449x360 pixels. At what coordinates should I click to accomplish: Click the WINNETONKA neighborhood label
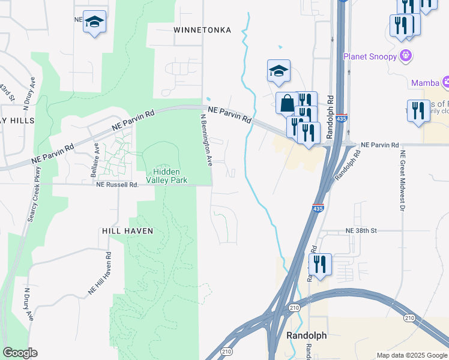click(202, 29)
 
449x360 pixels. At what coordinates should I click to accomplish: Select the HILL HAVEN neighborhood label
click(127, 231)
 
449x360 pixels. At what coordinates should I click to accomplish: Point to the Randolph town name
click(307, 335)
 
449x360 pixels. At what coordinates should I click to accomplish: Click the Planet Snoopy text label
click(370, 56)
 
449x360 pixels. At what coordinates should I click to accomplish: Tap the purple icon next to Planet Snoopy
click(406, 56)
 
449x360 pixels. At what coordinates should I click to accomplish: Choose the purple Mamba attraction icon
click(446, 82)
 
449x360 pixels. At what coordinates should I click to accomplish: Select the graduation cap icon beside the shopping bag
click(279, 71)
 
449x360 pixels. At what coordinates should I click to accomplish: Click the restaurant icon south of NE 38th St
click(320, 264)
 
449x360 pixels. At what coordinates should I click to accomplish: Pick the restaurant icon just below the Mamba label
click(418, 110)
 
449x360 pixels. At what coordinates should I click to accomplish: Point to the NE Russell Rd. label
click(118, 185)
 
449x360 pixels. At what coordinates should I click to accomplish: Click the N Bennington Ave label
click(206, 140)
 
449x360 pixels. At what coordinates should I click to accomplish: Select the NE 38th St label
click(361, 230)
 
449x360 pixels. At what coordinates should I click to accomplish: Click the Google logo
click(20, 353)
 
